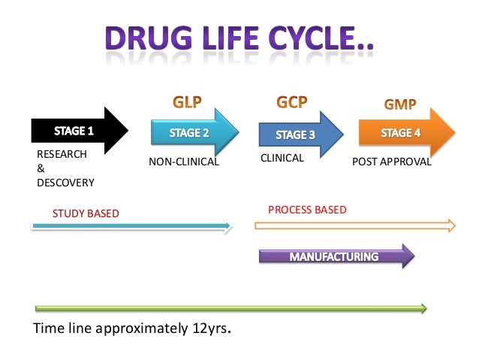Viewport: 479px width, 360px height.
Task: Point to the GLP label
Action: pos(188,100)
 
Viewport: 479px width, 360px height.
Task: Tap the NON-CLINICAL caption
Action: pos(183,160)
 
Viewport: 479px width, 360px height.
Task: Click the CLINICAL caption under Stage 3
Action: pos(282,159)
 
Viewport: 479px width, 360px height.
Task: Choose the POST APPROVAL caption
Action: pos(392,160)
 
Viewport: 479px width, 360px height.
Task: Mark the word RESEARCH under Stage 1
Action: pos(62,154)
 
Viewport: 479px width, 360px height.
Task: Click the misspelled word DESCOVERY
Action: pos(65,182)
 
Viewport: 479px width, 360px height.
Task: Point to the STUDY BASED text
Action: pos(86,213)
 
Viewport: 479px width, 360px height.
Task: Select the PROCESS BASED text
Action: pos(307,210)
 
